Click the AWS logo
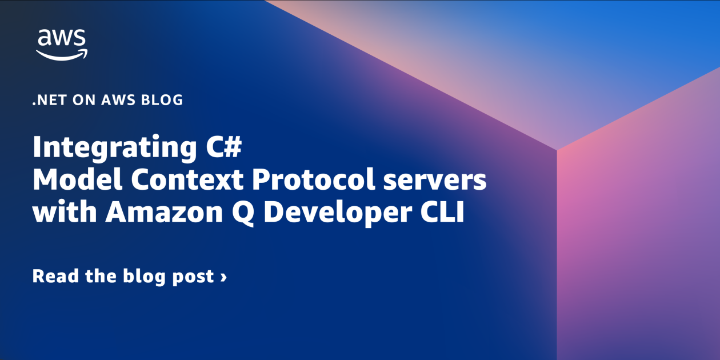(62, 45)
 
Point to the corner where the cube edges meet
(557, 150)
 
